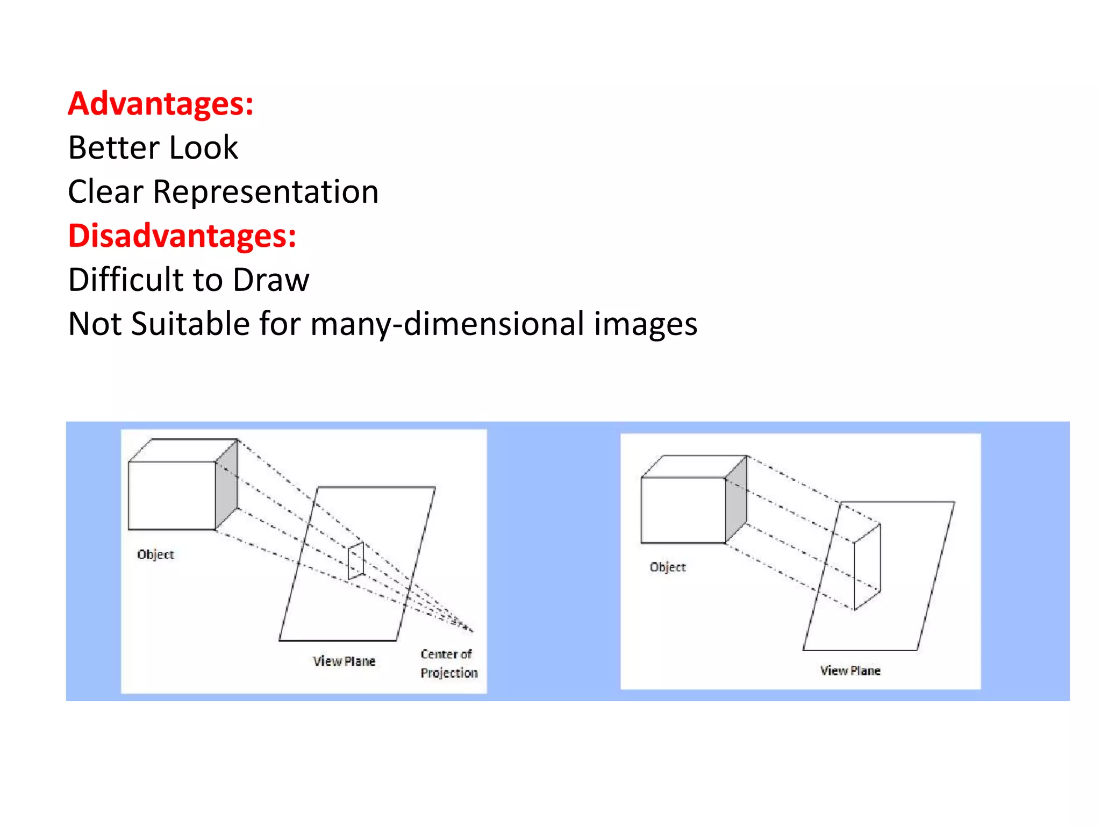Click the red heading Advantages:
click(160, 103)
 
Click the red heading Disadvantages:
click(182, 236)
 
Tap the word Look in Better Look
click(203, 147)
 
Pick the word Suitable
click(190, 324)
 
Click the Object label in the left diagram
click(155, 554)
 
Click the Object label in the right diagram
click(668, 567)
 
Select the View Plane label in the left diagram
click(344, 661)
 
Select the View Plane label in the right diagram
click(850, 671)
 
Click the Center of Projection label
click(448, 664)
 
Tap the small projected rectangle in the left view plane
click(356, 561)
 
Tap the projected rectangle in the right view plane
click(867, 567)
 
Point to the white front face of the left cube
click(172, 495)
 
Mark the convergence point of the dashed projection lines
click(471, 629)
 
